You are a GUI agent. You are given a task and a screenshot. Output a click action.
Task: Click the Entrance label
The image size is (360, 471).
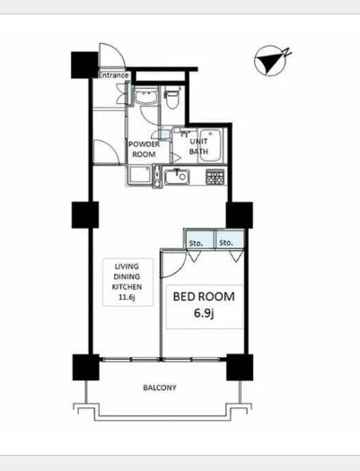click(x=113, y=75)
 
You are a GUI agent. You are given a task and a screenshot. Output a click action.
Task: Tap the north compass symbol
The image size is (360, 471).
click(x=271, y=60)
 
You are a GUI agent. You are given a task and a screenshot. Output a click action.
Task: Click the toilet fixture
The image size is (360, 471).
click(x=172, y=97)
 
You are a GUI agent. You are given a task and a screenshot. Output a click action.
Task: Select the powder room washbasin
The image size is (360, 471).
click(x=146, y=95)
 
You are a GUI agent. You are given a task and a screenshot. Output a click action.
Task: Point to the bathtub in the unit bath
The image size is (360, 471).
click(x=210, y=145)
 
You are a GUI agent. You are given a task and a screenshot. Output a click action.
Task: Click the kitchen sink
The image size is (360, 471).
click(x=177, y=177)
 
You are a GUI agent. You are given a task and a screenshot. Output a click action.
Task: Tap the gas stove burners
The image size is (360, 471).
click(x=215, y=177)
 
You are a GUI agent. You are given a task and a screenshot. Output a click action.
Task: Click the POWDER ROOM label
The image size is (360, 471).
click(x=144, y=149)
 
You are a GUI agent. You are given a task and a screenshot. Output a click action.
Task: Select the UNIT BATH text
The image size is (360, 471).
click(x=198, y=146)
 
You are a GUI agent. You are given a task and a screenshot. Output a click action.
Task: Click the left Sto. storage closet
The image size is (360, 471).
click(x=199, y=240)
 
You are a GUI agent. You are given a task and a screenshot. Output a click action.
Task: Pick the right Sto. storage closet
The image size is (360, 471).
click(x=230, y=240)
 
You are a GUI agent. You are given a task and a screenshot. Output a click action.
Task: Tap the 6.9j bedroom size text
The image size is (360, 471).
click(x=204, y=313)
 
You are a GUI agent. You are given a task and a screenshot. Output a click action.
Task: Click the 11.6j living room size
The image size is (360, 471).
click(x=127, y=297)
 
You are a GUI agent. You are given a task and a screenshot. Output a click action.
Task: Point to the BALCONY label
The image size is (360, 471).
click(x=160, y=388)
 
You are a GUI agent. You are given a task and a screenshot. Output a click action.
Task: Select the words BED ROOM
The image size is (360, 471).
click(x=204, y=296)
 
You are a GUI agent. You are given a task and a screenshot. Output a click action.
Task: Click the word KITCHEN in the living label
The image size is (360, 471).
click(x=127, y=287)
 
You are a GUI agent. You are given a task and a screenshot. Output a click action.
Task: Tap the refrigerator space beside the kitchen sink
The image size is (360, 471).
click(x=139, y=175)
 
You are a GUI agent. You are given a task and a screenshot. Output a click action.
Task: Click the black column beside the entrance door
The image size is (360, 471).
click(x=84, y=65)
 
